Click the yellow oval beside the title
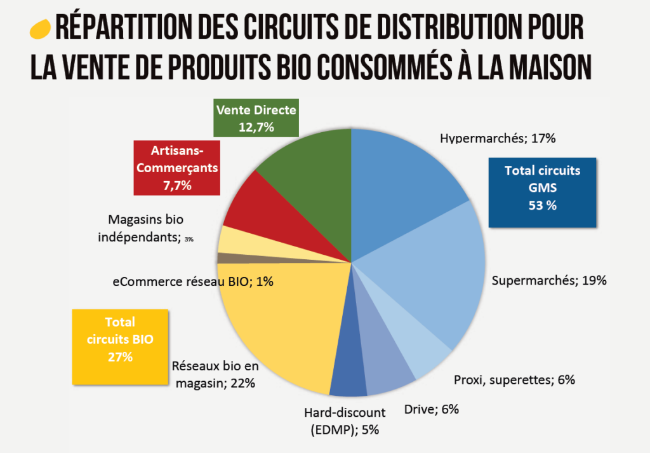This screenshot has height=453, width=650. click(40, 29)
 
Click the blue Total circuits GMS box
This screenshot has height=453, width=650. click(542, 192)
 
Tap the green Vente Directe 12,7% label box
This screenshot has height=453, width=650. click(256, 118)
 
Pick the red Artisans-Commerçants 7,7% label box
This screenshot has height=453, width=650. click(176, 168)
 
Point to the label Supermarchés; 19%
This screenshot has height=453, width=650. click(549, 280)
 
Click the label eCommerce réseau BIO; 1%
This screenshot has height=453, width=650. click(193, 281)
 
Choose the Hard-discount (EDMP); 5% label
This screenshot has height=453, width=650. click(345, 421)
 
